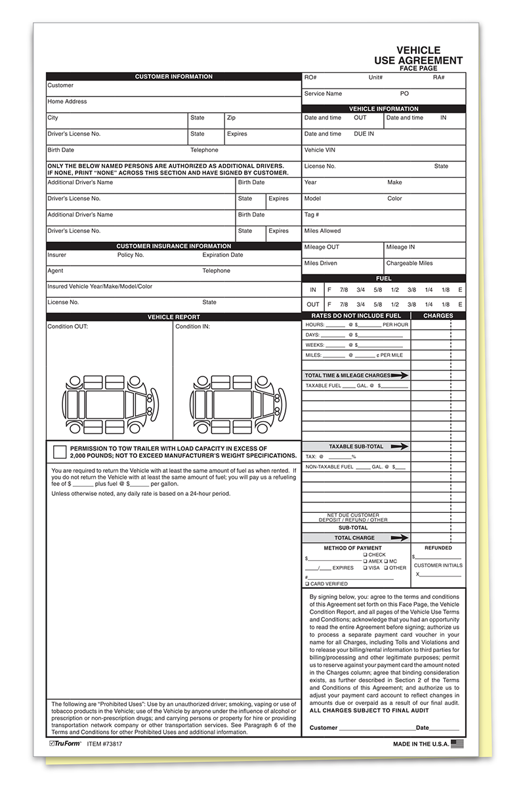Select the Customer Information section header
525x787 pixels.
[x=174, y=77]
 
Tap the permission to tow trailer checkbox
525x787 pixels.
[x=60, y=451]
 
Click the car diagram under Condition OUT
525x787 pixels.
[x=110, y=405]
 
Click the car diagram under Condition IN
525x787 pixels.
[x=237, y=405]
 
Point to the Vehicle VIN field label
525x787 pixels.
[x=320, y=150]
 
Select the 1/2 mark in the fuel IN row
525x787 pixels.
[x=395, y=289]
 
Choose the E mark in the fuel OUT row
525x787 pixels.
[x=460, y=304]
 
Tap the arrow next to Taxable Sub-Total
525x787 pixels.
[x=399, y=447]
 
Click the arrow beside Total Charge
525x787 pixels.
[x=399, y=538]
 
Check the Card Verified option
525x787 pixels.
[x=306, y=584]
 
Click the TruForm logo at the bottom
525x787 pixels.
[x=66, y=744]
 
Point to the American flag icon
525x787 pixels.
[x=457, y=744]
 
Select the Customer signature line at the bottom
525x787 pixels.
[x=377, y=727]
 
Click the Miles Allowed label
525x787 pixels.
[x=322, y=231]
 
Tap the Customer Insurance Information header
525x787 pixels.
[x=174, y=247]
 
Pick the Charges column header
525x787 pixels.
[x=438, y=316]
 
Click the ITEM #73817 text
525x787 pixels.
[x=105, y=744]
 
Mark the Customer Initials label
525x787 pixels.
[x=438, y=565]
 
